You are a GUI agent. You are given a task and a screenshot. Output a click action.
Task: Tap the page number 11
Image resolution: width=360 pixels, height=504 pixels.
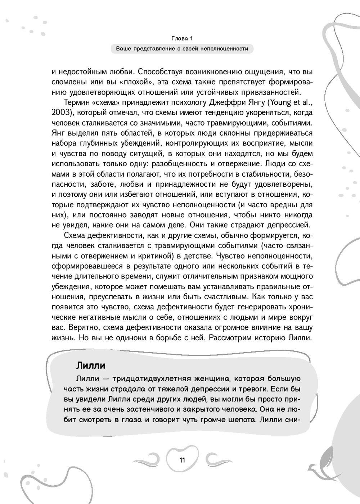point(182,460)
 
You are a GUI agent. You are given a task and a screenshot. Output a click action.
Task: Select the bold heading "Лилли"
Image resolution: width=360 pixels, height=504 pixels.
point(91,365)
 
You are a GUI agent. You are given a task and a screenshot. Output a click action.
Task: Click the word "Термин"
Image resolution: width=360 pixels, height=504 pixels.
point(76,103)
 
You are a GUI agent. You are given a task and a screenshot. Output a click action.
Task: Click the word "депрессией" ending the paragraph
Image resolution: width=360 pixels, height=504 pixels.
point(291,225)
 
